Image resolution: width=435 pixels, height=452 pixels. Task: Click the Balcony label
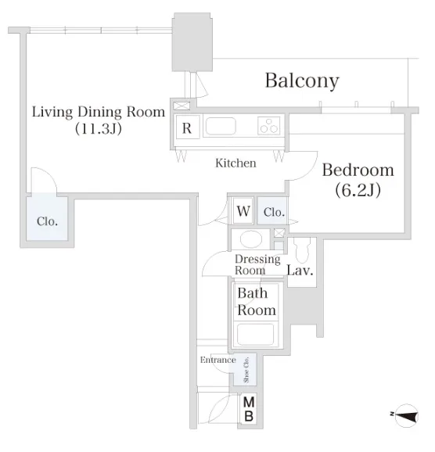pos(302,81)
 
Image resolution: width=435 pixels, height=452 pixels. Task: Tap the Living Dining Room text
pos(99,112)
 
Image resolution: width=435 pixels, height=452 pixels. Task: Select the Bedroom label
pos(358,170)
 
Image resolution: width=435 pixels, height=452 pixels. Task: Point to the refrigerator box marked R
pos(188,127)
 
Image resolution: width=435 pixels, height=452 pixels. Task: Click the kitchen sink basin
pos(221,126)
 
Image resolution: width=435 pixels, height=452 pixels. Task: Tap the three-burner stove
pos(269,126)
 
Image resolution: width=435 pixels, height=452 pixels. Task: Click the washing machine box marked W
pos(243,210)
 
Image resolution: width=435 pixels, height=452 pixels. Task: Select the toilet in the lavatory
pos(302,249)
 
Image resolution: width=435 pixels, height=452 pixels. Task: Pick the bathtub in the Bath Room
pos(255,334)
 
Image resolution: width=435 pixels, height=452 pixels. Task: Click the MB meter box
pos(249,410)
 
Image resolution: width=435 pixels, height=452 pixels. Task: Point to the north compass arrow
pos(406,415)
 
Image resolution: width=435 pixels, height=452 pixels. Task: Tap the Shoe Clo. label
pos(246,370)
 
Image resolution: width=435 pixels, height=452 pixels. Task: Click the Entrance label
pos(218,360)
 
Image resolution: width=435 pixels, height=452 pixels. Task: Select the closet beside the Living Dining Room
pos(47,218)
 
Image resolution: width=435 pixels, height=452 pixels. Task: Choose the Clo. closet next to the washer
pos(272,210)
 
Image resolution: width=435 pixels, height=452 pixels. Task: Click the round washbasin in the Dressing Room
pos(251,239)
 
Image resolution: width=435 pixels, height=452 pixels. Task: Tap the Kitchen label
pos(235,163)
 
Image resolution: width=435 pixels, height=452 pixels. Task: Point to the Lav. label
pos(300,271)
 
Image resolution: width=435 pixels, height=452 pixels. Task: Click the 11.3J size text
pos(99,128)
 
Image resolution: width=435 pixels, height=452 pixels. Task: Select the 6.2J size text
pos(358,190)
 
